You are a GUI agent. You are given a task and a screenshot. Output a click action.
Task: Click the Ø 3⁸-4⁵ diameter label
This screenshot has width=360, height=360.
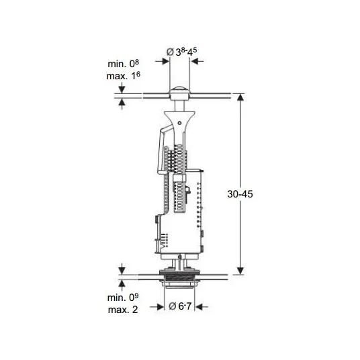(181, 52)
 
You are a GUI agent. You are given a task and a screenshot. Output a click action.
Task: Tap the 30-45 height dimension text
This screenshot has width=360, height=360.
(240, 194)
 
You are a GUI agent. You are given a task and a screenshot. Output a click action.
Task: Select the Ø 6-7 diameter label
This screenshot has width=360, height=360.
(180, 306)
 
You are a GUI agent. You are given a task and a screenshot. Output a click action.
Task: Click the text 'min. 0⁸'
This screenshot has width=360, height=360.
(124, 64)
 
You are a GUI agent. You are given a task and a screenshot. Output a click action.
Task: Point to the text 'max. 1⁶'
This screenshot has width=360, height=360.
(124, 76)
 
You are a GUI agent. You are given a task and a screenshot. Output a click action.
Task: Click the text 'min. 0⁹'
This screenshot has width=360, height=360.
(123, 298)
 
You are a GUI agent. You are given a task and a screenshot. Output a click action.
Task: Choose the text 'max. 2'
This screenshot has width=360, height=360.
(123, 310)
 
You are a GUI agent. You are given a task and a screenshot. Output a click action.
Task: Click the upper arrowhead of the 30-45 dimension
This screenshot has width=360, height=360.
(240, 97)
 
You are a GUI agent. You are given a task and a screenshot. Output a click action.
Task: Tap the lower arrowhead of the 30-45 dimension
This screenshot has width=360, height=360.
(240, 271)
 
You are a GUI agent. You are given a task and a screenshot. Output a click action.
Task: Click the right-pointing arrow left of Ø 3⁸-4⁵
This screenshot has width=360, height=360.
(163, 61)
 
